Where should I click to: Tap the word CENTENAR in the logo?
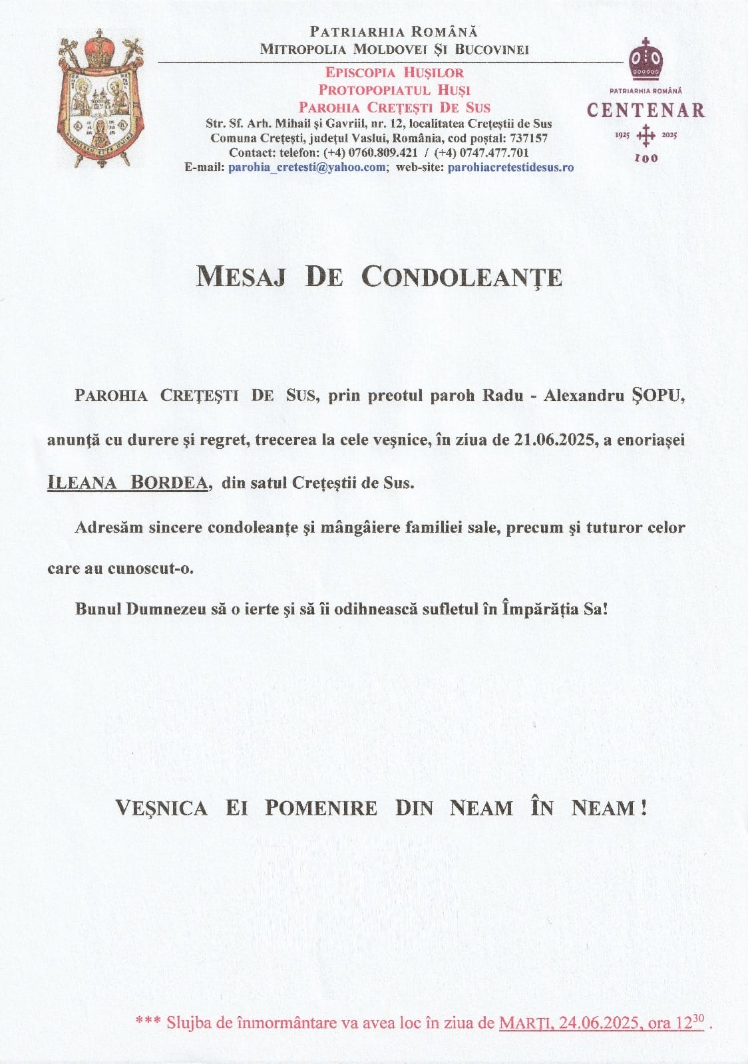click(645, 110)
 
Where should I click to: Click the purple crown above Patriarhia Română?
click(646, 59)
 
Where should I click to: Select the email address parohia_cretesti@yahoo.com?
click(307, 167)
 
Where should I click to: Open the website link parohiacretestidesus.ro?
click(510, 167)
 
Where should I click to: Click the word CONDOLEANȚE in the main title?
click(462, 277)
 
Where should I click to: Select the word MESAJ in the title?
click(241, 277)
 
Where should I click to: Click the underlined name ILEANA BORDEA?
click(127, 482)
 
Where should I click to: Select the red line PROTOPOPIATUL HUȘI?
click(394, 90)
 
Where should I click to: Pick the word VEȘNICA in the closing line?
click(161, 808)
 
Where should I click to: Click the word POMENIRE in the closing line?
click(321, 808)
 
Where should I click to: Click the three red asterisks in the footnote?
click(147, 1041)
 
